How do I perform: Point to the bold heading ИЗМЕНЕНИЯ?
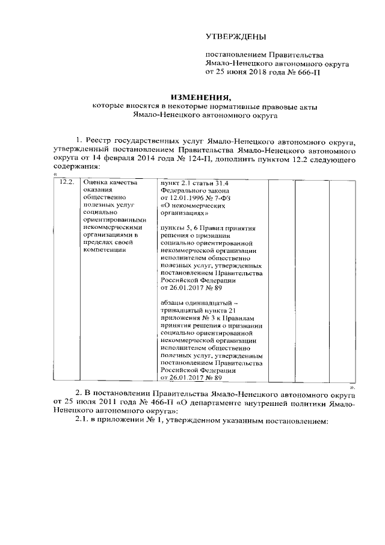pyautogui.click(x=202, y=97)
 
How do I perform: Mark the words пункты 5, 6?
pyautogui.click(x=180, y=229)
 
